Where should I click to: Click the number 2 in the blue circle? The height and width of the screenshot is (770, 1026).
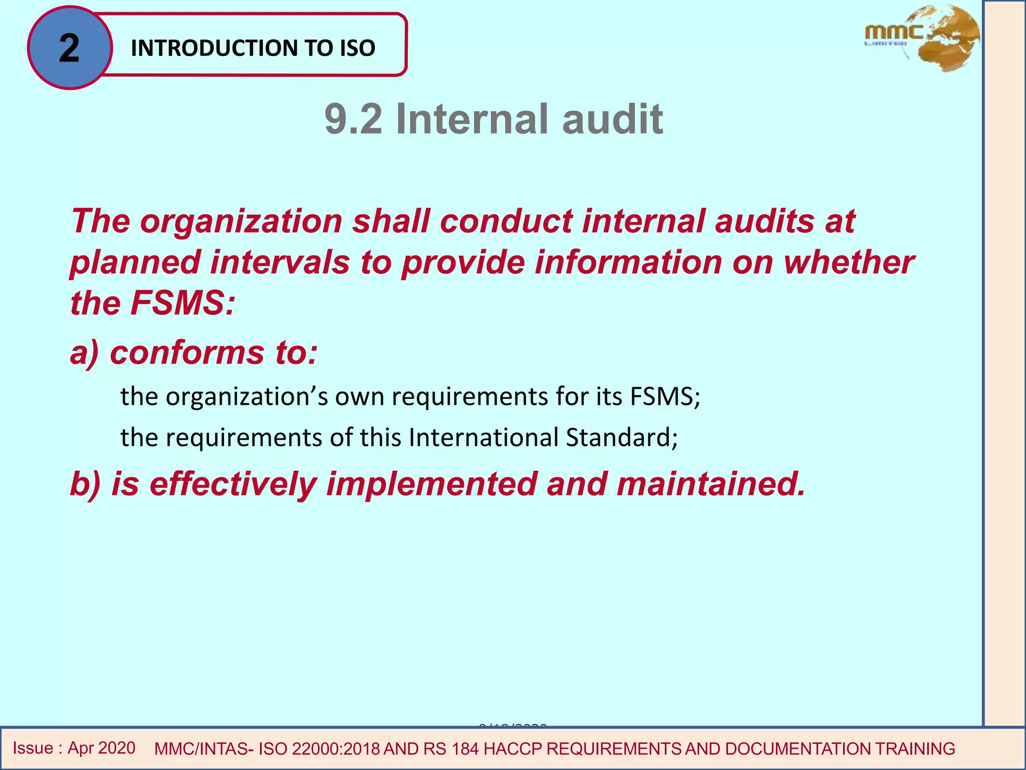click(69, 48)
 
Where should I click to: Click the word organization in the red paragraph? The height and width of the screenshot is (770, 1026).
click(241, 221)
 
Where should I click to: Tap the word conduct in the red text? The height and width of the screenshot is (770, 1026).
click(506, 221)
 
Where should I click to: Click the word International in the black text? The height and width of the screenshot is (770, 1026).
click(483, 437)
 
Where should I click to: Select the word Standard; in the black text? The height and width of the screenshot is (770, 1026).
click(622, 437)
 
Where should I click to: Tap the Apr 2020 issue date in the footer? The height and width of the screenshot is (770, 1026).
click(101, 748)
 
